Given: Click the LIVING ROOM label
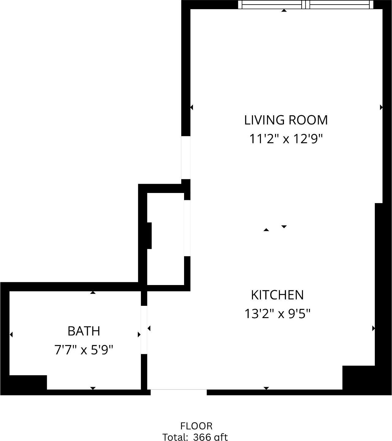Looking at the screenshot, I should click(286, 120).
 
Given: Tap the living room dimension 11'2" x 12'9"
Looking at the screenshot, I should click(286, 139).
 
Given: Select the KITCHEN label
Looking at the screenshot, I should click(277, 295).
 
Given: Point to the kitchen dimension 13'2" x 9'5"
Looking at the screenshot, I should click(277, 314).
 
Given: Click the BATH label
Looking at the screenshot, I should click(84, 331).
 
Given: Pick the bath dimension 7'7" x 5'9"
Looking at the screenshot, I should click(84, 350).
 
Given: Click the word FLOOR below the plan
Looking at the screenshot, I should click(196, 426).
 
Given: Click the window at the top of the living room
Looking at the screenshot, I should click(306, 5).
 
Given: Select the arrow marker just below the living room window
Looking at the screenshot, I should click(284, 11).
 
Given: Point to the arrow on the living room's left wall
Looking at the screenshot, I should click(191, 107).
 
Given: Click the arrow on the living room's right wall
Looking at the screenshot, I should click(381, 107).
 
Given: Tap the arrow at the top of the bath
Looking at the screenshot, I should click(93, 293).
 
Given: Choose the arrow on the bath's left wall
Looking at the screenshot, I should click(11, 335).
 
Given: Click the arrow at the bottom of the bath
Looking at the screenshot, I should click(93, 388).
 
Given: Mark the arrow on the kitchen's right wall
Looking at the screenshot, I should click(373, 328).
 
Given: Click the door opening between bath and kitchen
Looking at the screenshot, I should click(144, 330).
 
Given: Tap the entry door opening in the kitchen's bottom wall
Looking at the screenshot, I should click(179, 392).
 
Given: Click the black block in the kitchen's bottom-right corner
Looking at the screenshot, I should click(358, 377).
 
